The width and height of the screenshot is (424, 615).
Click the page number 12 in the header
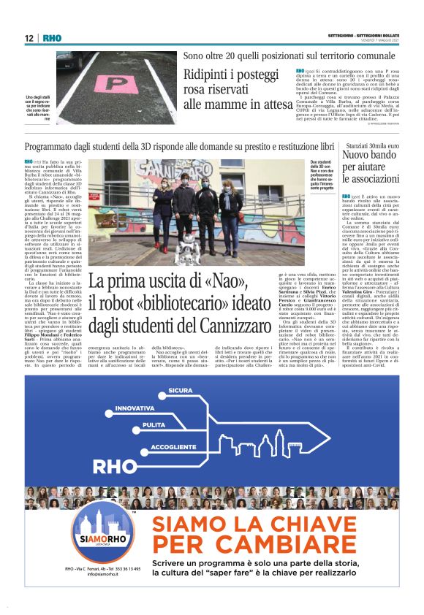pyautogui.click(x=29, y=38)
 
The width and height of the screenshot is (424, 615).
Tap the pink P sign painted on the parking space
pyautogui.click(x=107, y=83)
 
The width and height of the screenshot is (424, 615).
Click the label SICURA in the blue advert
pyautogui.click(x=180, y=391)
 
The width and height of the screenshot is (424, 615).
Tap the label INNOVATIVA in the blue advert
pyautogui.click(x=135, y=408)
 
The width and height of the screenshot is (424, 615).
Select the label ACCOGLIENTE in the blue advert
pyautogui.click(x=173, y=446)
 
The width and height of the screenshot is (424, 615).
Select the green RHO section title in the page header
pyautogui.click(x=52, y=38)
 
